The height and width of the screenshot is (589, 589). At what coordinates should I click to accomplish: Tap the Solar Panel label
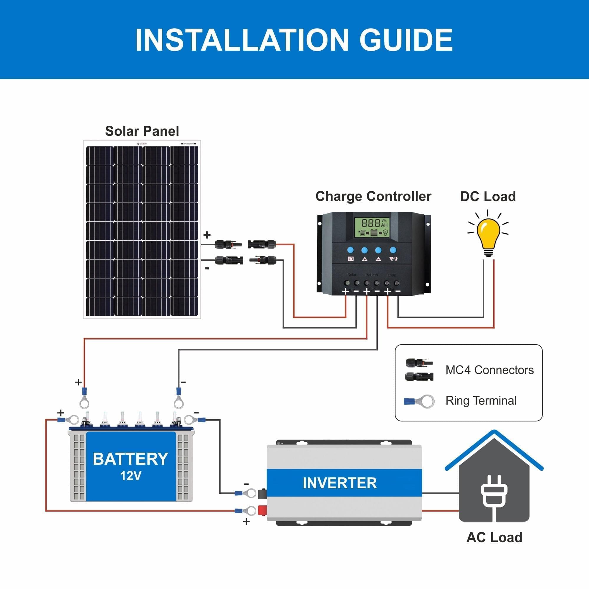[x=142, y=131]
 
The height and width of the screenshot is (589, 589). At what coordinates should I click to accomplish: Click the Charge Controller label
[x=373, y=196]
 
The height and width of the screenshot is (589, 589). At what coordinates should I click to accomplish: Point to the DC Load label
[x=488, y=197]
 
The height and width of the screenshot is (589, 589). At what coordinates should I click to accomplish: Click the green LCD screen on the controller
[x=371, y=227]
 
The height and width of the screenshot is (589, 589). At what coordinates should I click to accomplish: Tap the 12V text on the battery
[x=130, y=476]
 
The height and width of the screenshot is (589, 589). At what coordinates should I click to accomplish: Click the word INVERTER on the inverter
[x=340, y=483]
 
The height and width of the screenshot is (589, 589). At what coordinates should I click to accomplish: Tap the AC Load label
[x=494, y=537]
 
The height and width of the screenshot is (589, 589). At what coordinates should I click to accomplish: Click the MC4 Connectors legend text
[x=489, y=370]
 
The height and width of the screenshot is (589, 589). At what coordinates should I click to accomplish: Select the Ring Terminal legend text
[x=481, y=401]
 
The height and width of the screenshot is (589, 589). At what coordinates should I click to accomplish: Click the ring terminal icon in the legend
[x=419, y=401]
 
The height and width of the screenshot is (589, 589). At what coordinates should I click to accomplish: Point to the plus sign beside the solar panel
[x=207, y=235]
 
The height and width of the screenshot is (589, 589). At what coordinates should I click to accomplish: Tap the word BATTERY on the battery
[x=130, y=459]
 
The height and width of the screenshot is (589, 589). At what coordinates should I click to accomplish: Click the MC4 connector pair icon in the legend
[x=419, y=370]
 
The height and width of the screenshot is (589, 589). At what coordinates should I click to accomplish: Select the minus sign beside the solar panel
[x=207, y=269]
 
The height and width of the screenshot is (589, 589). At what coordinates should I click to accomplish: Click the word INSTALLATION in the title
[x=241, y=40]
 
